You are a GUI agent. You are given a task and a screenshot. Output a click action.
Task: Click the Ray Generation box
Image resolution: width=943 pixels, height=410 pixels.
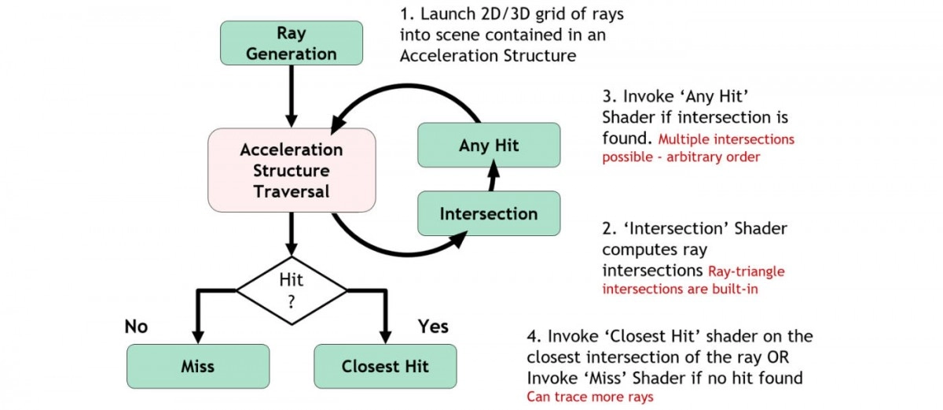pos(292,43)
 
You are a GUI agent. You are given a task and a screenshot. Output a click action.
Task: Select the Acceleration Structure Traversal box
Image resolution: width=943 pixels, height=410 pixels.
pos(292,170)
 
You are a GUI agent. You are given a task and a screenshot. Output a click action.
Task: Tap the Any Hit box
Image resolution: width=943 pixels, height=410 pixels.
pos(489,145)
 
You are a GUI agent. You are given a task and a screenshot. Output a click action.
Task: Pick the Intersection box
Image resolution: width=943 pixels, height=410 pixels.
pos(489,213)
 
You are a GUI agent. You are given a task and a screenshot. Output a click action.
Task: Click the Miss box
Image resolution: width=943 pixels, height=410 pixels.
pos(198,366)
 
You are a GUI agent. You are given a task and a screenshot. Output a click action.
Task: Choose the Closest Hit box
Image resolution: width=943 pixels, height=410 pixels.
pos(385,366)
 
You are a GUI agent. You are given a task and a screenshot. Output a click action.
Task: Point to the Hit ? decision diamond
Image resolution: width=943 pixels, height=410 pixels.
pos(292,290)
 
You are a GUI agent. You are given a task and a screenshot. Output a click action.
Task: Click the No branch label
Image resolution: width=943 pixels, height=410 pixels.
pos(136,327)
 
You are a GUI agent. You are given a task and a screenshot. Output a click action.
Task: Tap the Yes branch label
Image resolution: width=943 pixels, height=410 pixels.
pos(433,327)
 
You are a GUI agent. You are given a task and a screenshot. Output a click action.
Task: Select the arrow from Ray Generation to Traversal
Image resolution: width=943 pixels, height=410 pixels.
pos(292,97)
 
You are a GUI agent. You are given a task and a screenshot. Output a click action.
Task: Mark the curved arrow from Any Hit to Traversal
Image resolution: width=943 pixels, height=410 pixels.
pos(406,87)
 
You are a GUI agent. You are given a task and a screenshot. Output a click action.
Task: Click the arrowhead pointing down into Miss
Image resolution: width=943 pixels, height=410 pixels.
pos(198,337)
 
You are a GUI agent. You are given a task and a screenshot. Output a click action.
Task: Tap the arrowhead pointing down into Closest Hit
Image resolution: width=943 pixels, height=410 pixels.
pos(385,337)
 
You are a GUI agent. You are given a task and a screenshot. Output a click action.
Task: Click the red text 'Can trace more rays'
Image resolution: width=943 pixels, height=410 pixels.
pos(590,397)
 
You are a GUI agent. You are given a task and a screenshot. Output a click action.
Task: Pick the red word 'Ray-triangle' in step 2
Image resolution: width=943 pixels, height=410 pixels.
pos(747,271)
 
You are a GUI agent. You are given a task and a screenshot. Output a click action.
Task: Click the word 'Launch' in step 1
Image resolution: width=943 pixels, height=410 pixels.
pos(448,14)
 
